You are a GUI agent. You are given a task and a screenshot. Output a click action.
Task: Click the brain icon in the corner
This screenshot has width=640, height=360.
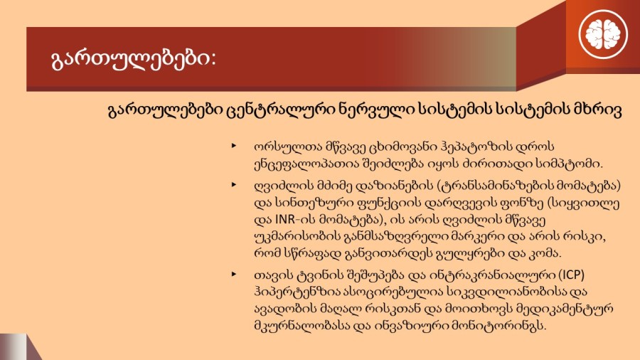603,34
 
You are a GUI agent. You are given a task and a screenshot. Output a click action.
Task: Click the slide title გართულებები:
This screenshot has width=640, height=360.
134,59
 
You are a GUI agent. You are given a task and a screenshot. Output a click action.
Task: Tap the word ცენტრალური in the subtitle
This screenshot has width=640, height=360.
281,110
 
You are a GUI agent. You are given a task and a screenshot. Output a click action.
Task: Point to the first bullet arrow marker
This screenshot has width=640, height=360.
234,145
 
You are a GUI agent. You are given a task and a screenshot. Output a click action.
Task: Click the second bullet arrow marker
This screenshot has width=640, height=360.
234,185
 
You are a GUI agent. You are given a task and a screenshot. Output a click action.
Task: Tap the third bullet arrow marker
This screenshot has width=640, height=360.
234,274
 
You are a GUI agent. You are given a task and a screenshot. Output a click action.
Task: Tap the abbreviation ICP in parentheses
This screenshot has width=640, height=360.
572,275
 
